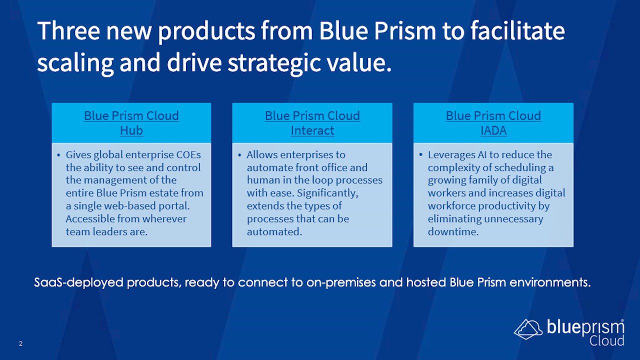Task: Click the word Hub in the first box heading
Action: click(131, 130)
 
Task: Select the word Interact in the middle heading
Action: click(312, 130)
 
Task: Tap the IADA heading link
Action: click(493, 130)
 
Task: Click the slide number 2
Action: click(20, 343)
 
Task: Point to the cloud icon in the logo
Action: click(528, 329)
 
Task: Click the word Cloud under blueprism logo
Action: click(606, 341)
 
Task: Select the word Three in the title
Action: click(68, 30)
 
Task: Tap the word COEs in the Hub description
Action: click(188, 154)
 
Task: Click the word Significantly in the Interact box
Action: click(327, 193)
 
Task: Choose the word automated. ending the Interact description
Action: click(274, 231)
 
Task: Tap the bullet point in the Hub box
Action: click(58, 155)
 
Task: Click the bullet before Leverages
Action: click(420, 155)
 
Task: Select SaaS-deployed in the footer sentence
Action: click(78, 282)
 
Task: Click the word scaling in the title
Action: click(75, 63)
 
